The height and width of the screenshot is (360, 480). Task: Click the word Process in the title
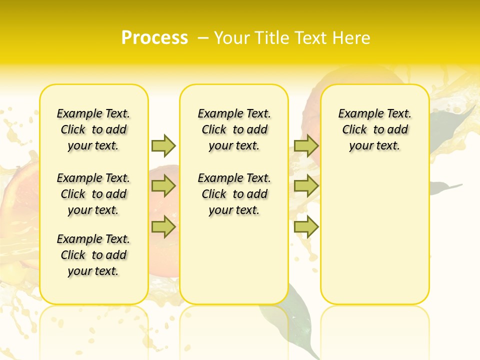click(x=154, y=37)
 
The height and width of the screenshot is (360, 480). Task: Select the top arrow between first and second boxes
click(x=163, y=145)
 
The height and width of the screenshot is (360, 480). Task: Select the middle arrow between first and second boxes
click(x=163, y=186)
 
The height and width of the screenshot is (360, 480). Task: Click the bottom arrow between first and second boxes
click(x=163, y=227)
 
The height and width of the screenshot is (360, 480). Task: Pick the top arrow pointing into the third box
click(x=306, y=145)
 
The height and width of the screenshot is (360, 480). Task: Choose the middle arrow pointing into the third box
click(x=306, y=186)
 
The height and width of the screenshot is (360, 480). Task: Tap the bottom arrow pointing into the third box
click(x=306, y=227)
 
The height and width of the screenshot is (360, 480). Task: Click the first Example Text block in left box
click(x=93, y=129)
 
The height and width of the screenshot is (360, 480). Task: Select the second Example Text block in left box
click(x=93, y=194)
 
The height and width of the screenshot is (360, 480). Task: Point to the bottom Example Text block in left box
click(x=93, y=255)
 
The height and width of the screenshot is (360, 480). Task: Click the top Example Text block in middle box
click(x=234, y=129)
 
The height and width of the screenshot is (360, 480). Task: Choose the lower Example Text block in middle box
click(x=234, y=194)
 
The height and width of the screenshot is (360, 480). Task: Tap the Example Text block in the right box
click(x=374, y=129)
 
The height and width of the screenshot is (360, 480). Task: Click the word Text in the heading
click(x=312, y=37)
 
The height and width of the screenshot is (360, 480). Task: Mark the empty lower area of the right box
click(x=374, y=240)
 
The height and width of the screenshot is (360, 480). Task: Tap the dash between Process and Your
click(x=203, y=37)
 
